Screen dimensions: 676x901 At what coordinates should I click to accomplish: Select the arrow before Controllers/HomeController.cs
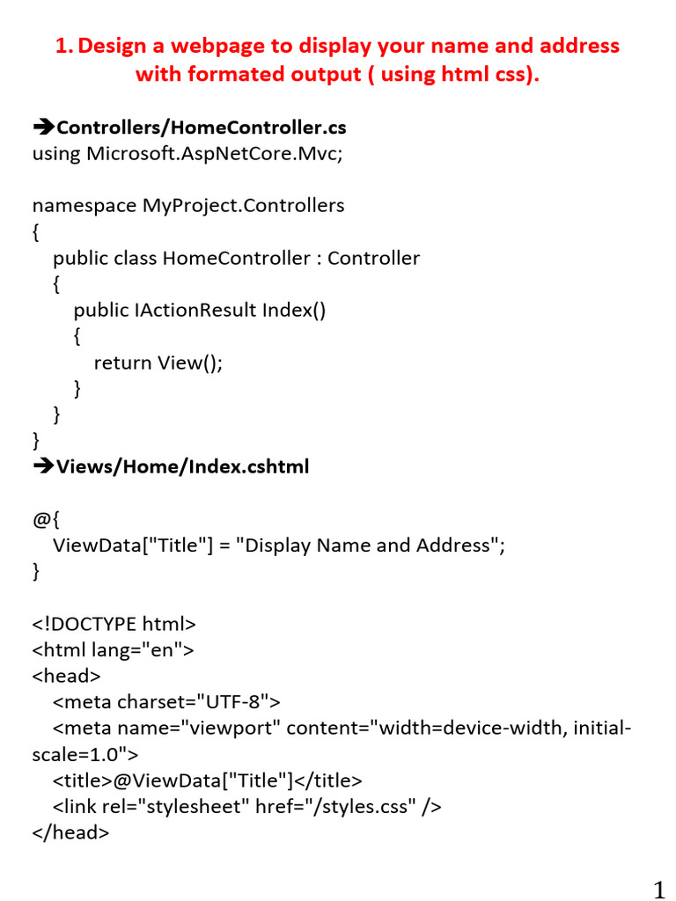pyautogui.click(x=43, y=128)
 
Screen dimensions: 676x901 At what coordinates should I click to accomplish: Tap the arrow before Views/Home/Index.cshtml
pyautogui.click(x=43, y=466)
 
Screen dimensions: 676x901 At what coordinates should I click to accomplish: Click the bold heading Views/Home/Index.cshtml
pyautogui.click(x=182, y=466)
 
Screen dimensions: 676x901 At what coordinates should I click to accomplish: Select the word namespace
pyautogui.click(x=84, y=206)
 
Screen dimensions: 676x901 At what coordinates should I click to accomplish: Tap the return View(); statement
pyautogui.click(x=158, y=363)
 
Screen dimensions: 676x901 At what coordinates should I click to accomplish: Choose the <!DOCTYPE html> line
pyautogui.click(x=114, y=624)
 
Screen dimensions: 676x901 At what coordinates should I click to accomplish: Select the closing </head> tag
pyautogui.click(x=70, y=832)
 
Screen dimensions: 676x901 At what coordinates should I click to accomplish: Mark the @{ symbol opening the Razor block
pyautogui.click(x=45, y=519)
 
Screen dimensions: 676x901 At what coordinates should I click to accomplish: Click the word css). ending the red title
pyautogui.click(x=511, y=74)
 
